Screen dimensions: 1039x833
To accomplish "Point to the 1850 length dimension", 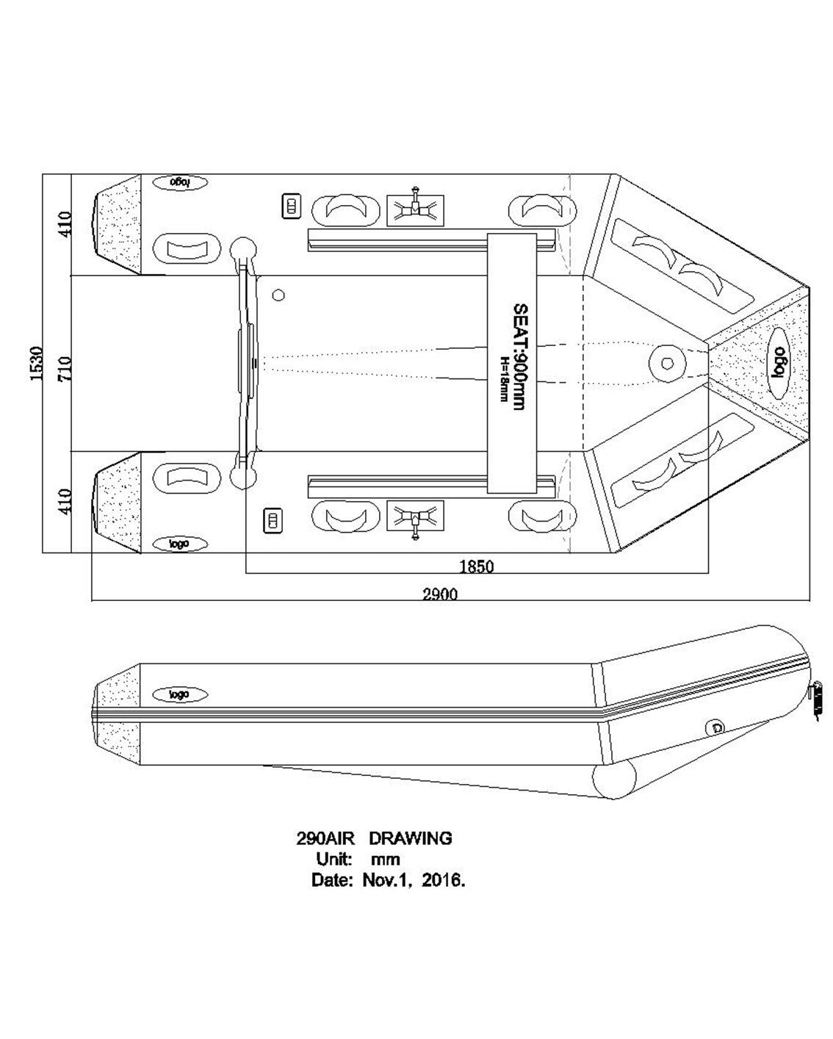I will pos(477,567).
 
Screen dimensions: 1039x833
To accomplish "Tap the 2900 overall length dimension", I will pos(440,594).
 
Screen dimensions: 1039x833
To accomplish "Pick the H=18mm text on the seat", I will pos(504,378).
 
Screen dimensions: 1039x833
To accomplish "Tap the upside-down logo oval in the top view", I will pos(180,181).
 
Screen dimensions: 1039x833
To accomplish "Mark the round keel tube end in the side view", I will pos(613,780).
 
